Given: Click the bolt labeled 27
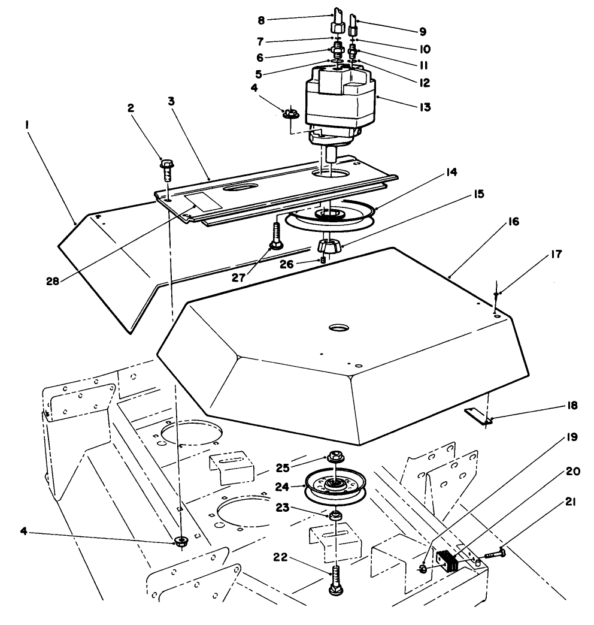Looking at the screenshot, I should click(x=276, y=236).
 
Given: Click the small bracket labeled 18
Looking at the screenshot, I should click(x=478, y=416).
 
